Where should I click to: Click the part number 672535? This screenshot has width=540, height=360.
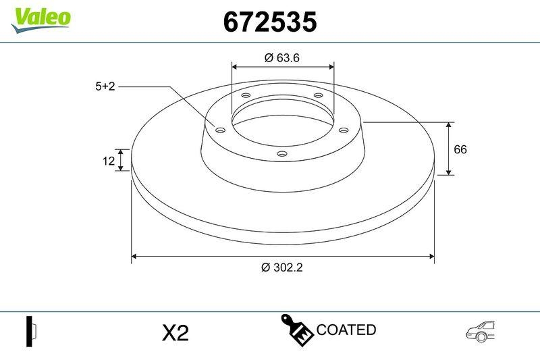click(x=269, y=22)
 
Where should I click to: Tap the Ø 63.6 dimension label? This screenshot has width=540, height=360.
click(x=281, y=58)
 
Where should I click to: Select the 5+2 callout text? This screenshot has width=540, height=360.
click(x=106, y=86)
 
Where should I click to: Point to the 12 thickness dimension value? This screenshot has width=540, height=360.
click(x=108, y=161)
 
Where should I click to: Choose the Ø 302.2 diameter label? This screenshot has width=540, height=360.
click(x=281, y=267)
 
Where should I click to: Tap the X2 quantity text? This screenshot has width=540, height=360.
click(x=175, y=332)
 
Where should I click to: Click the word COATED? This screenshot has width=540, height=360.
click(x=346, y=330)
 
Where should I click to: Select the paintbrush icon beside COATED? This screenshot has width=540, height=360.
click(x=296, y=330)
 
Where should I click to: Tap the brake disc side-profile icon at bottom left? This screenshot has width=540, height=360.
click(x=30, y=331)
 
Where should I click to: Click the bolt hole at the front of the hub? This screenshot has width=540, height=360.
click(x=282, y=155)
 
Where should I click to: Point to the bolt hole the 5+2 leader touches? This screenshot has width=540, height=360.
click(x=219, y=129)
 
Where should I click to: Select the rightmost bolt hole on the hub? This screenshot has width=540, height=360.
click(x=343, y=130)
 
